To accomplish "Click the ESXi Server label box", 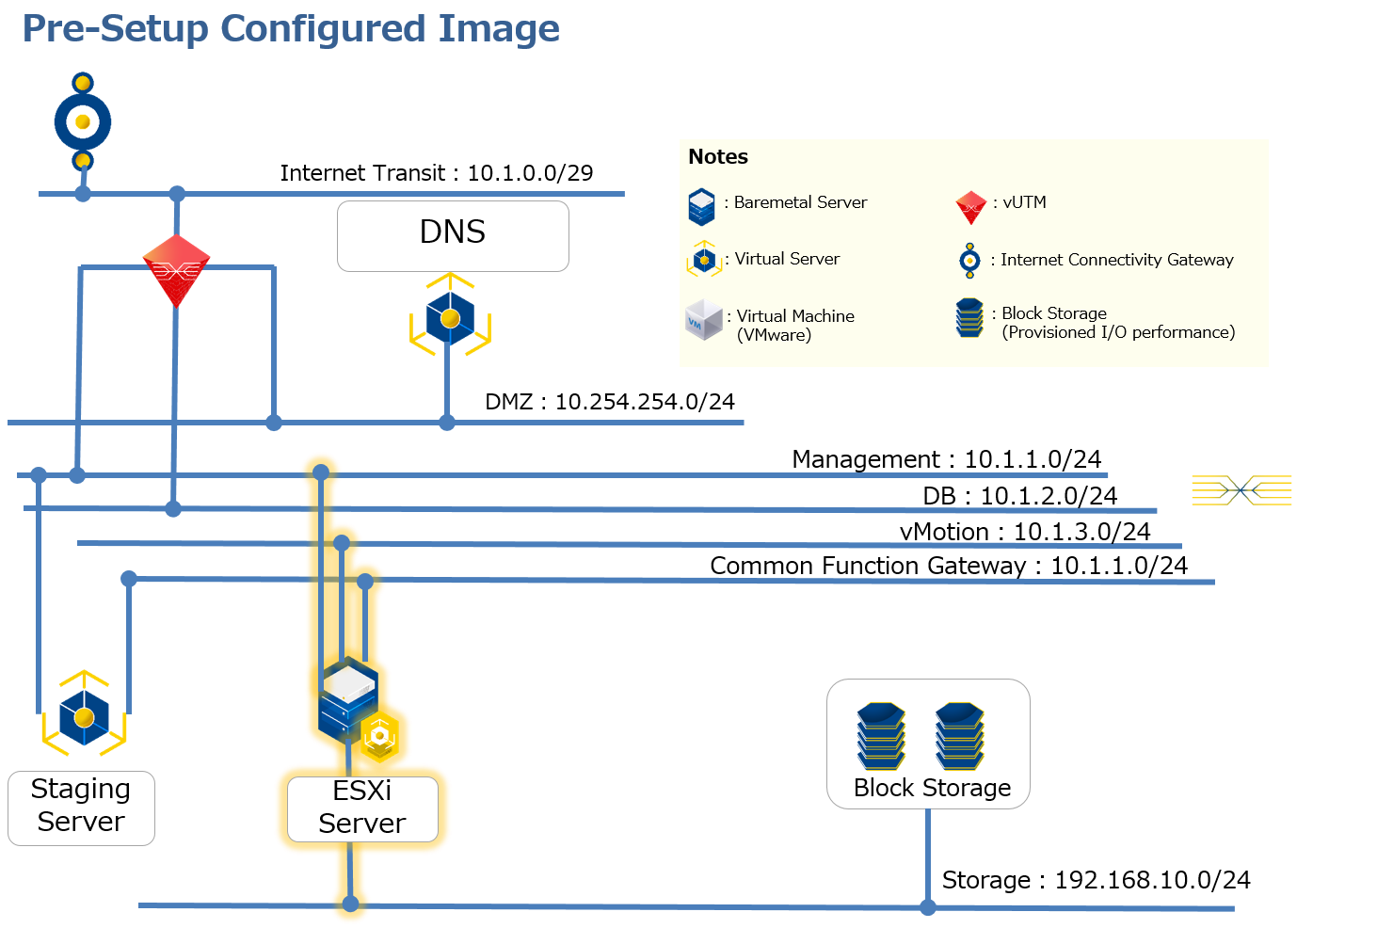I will [362, 808].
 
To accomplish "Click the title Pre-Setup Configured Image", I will [291, 29].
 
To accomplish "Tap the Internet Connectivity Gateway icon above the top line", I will [83, 121].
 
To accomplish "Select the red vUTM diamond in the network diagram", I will [176, 270].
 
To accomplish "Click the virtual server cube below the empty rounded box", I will [450, 318].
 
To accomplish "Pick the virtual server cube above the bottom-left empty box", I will [84, 716].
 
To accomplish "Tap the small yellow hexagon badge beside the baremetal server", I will [379, 736].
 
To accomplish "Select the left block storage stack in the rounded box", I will [880, 736].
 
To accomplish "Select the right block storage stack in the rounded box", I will [959, 736].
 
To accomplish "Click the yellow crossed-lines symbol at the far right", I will [1241, 490].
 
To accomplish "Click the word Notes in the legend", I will [718, 157].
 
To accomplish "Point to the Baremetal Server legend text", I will [800, 202].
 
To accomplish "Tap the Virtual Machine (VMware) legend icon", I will [704, 320].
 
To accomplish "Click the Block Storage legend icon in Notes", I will [969, 318].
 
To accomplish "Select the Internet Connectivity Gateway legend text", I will [1116, 260].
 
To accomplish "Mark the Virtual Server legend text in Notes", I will [787, 259].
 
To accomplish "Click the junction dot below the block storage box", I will [928, 907].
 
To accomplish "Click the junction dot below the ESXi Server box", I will [350, 904].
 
